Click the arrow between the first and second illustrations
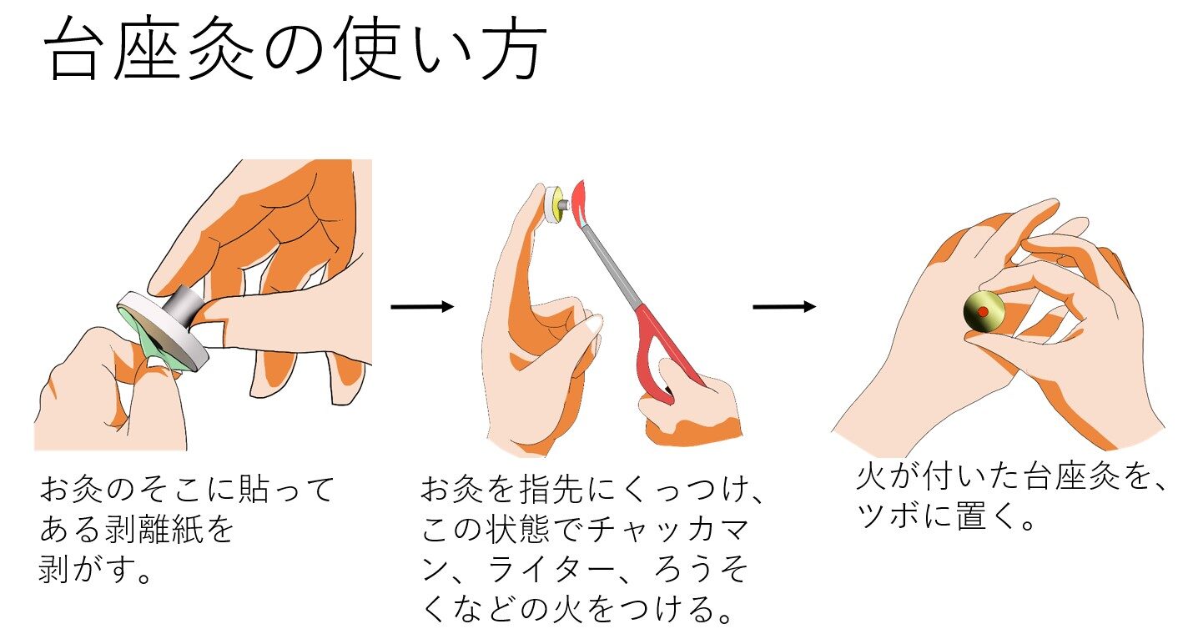click(422, 307)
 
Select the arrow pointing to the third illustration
click(784, 307)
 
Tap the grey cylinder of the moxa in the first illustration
click(183, 309)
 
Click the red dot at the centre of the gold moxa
click(982, 312)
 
